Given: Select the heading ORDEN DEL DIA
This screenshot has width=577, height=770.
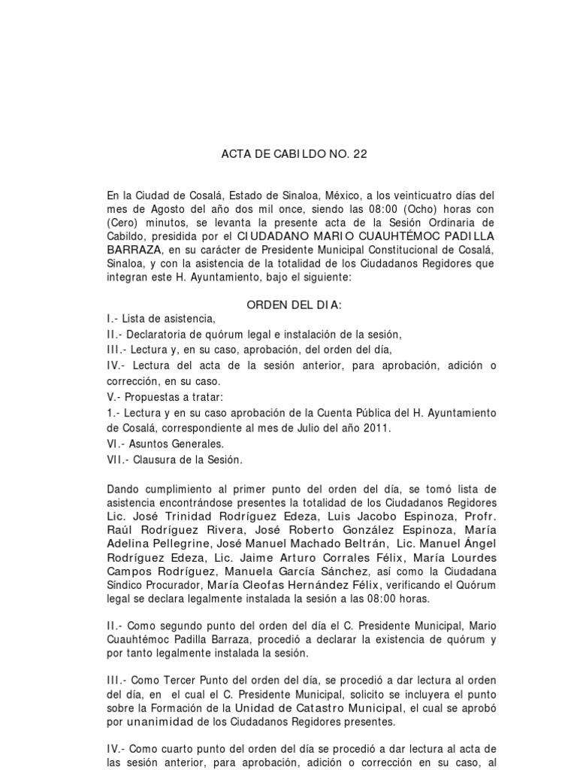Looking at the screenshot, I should coord(295,305).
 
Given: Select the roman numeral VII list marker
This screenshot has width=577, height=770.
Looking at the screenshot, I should coord(117,459).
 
